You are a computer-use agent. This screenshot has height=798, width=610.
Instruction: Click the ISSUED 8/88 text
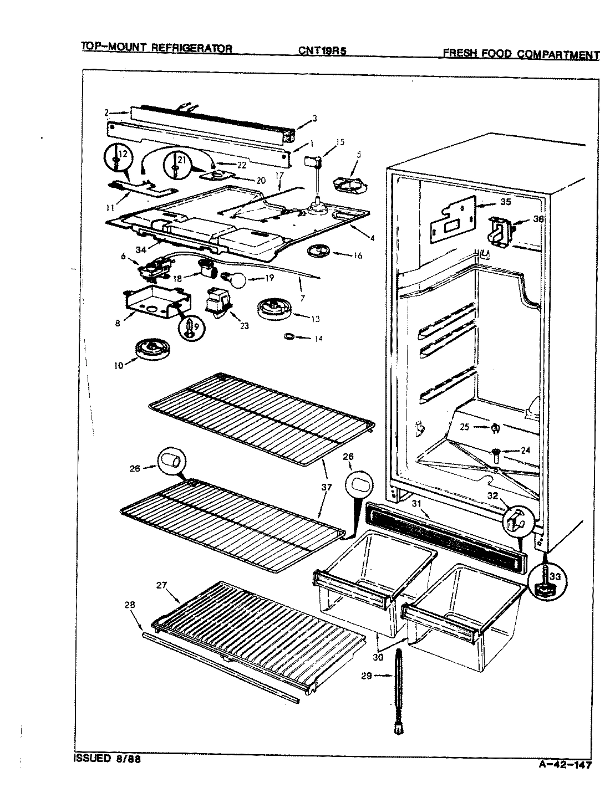point(107,759)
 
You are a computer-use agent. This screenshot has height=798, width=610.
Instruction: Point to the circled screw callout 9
point(190,325)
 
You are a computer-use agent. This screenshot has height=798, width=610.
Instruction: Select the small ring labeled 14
point(289,336)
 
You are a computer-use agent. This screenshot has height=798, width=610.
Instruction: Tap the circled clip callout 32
point(517,519)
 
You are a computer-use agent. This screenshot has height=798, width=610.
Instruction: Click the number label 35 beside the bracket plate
point(505,202)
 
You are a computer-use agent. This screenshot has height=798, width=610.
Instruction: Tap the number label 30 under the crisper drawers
point(378,657)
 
